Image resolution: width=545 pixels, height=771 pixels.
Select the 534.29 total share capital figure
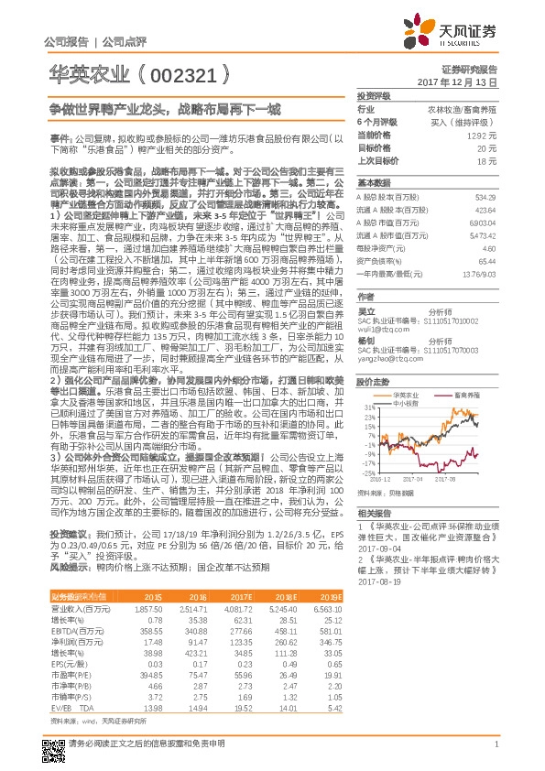point(485,197)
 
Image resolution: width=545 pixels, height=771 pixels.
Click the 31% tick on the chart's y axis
point(367,407)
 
